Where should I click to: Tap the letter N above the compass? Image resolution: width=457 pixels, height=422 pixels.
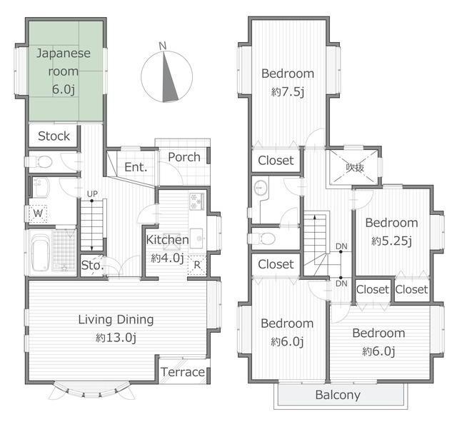tap(163, 46)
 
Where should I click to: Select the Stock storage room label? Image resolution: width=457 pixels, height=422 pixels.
tap(54, 136)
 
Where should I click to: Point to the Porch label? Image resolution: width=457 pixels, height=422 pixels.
tap(184, 157)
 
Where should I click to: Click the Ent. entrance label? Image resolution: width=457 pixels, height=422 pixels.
tap(136, 167)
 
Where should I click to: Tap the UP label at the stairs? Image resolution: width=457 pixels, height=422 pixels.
tap(92, 194)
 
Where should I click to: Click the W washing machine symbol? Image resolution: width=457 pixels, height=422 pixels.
tap(38, 213)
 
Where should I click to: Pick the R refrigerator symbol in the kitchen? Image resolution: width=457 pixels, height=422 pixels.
tap(197, 265)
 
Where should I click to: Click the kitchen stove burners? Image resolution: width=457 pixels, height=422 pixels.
tap(196, 201)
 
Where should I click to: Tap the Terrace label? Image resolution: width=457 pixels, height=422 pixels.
tap(183, 372)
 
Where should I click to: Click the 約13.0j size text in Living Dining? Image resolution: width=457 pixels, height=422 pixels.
tap(116, 338)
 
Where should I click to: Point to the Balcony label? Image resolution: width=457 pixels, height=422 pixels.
tap(338, 395)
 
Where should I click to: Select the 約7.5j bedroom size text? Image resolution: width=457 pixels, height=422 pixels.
tap(288, 92)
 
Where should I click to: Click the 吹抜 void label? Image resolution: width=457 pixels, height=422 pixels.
tap(355, 167)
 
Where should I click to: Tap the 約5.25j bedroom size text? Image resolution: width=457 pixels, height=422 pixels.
tap(391, 241)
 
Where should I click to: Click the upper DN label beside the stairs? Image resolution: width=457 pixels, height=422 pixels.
tap(341, 246)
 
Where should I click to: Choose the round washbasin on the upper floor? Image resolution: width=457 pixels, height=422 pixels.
tap(260, 188)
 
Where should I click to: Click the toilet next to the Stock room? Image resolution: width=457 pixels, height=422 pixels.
tap(41, 161)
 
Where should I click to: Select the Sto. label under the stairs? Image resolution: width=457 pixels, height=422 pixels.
tap(92, 266)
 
